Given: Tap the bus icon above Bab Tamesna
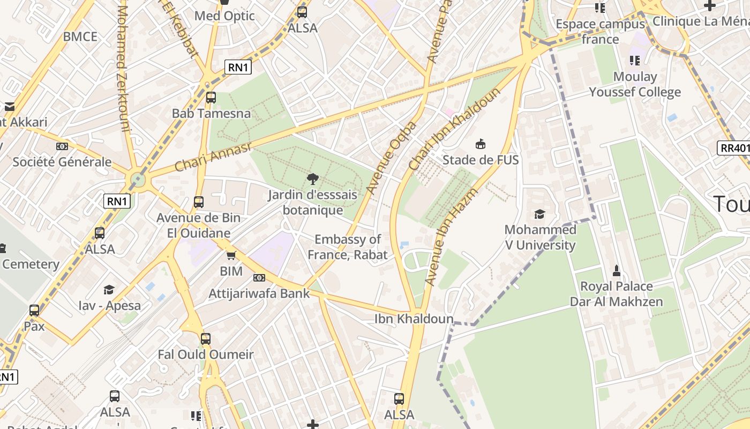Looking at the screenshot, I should click(x=211, y=98).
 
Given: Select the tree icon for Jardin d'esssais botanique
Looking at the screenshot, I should click(x=312, y=179).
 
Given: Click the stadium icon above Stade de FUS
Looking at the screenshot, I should click(x=481, y=144).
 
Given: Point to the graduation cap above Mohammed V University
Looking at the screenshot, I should click(x=539, y=214).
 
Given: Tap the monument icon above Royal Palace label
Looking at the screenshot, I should click(x=616, y=270).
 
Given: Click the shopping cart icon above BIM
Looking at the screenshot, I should click(x=231, y=255).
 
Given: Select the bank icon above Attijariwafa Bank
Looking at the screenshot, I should click(x=259, y=277).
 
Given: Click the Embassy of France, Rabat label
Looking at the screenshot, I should click(x=348, y=247).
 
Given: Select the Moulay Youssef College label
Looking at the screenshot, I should click(x=635, y=84).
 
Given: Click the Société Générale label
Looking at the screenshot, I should click(x=62, y=161).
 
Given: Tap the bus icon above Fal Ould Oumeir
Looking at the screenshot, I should click(x=206, y=339).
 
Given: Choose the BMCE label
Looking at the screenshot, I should click(x=80, y=36).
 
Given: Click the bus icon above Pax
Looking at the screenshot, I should click(x=34, y=310).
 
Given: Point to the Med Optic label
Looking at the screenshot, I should click(x=224, y=16).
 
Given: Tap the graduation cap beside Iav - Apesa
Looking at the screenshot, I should click(x=109, y=290).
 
